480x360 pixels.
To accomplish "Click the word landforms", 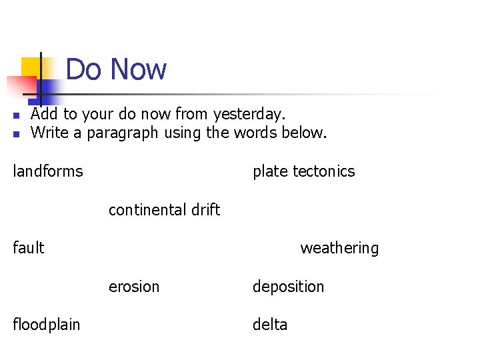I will coord(48,171).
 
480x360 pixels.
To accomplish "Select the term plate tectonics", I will coord(303,171).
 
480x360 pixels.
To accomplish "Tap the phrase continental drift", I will coord(164,210).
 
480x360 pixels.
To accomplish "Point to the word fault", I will coord(29,248).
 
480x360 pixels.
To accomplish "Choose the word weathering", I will coord(339,248).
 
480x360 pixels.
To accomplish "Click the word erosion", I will coord(134,287).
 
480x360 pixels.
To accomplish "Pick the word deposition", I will coord(288,287).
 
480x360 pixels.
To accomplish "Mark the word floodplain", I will coord(47,325).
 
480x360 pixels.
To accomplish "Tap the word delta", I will coord(270,325).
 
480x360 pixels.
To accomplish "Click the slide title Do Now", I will coord(116,69).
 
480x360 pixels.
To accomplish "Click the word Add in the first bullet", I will coord(44,115).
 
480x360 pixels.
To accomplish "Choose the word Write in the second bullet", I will coord(50,133).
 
